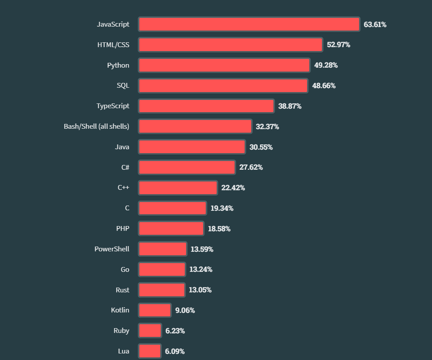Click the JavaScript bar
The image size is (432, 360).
(249, 24)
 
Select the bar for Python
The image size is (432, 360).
(224, 65)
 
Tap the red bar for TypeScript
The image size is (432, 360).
(206, 106)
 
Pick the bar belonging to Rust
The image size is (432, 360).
(162, 290)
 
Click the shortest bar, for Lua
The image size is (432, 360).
(150, 351)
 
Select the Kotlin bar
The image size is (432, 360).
(155, 310)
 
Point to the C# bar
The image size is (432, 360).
(187, 167)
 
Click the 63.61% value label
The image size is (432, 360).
(375, 24)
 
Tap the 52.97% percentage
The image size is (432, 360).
(339, 45)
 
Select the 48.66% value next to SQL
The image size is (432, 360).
(324, 86)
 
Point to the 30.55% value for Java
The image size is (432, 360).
(261, 147)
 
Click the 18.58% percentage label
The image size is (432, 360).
(219, 229)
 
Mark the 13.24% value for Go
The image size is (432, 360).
(201, 269)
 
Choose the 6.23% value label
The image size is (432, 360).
(175, 331)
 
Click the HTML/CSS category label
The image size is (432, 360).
(113, 45)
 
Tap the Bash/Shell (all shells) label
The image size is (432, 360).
(97, 127)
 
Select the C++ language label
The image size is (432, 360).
(123, 188)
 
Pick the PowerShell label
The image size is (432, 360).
(112, 249)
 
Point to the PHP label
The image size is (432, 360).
(123, 228)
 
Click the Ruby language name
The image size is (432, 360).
(121, 330)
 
